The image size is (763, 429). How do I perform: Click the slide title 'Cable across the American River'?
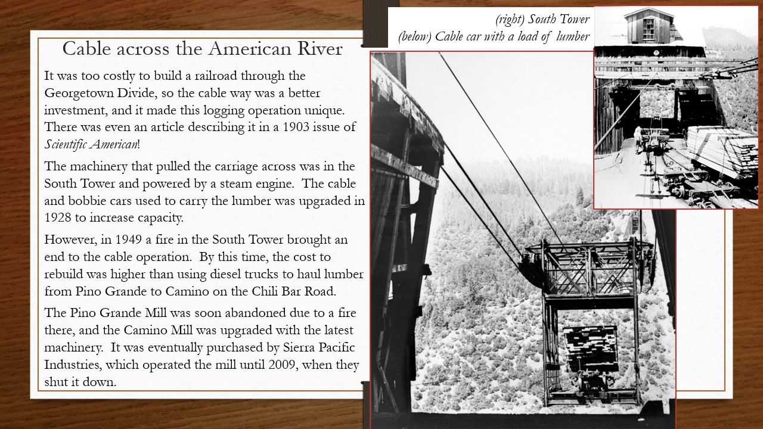click(x=202, y=49)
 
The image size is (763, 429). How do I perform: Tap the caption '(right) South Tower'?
click(x=542, y=20)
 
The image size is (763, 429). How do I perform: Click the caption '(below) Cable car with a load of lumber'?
click(x=494, y=37)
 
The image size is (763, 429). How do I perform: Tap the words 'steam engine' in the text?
click(x=213, y=183)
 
